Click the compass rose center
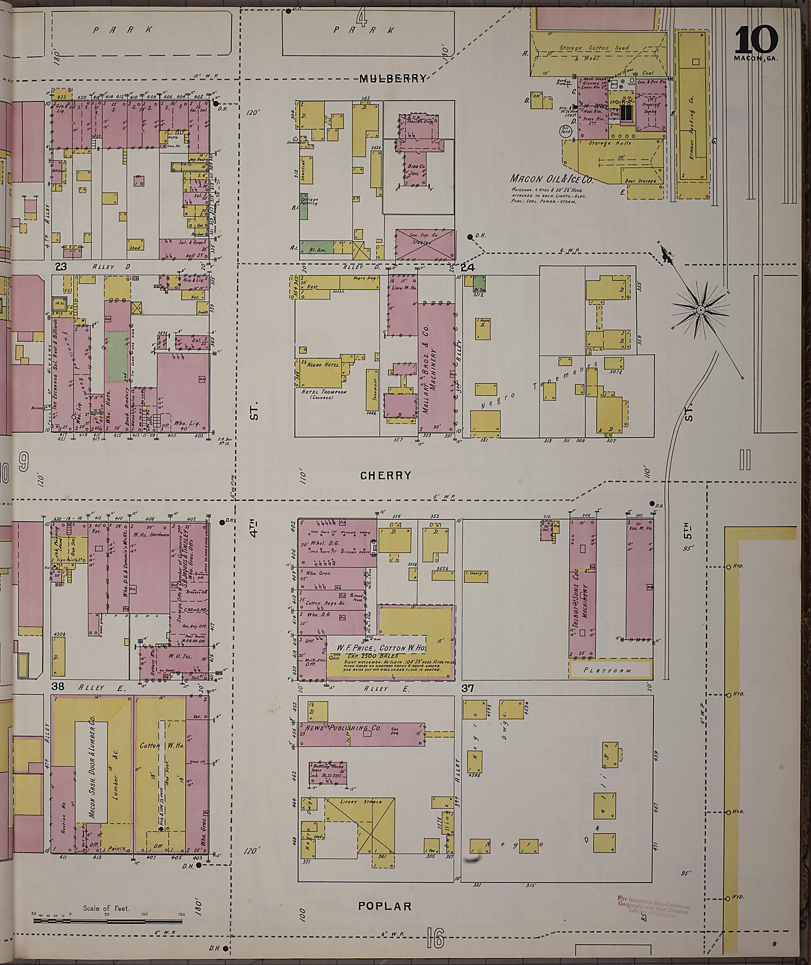(700, 311)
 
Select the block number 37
(468, 688)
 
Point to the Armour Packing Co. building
(691, 106)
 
